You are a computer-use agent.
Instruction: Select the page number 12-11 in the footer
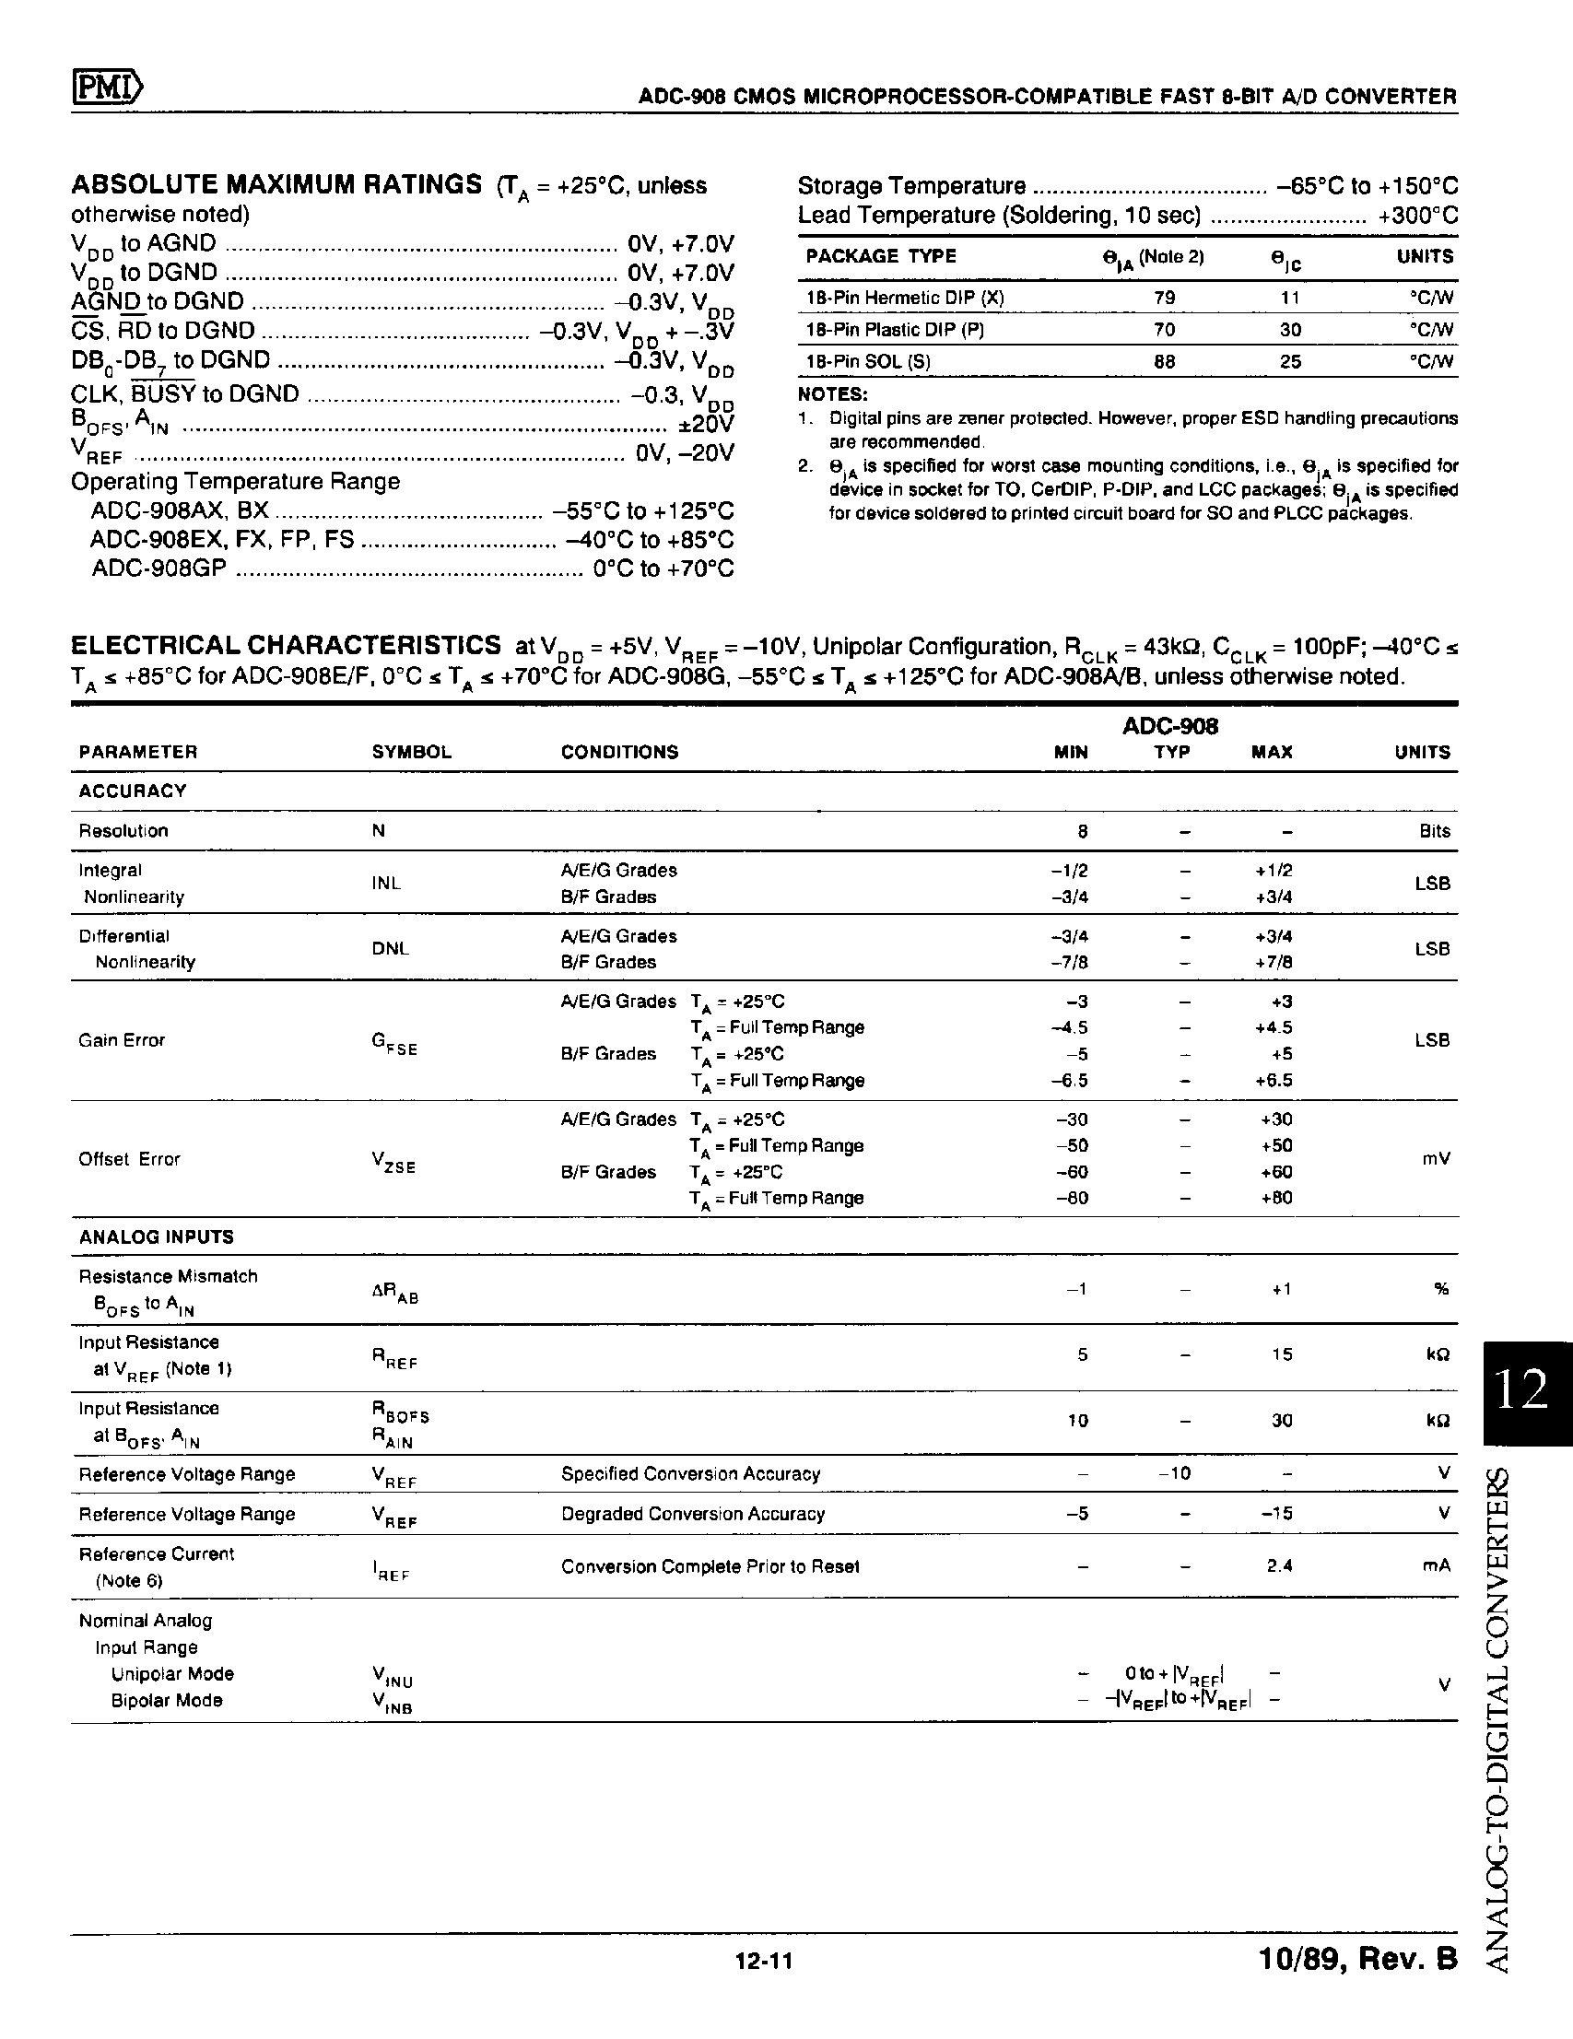coord(764,1961)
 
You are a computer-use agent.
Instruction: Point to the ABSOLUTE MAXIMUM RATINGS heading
coord(276,184)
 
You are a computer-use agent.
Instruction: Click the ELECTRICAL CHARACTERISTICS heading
coord(286,645)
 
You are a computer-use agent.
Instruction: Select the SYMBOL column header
coord(412,753)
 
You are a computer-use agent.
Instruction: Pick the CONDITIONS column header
coord(619,753)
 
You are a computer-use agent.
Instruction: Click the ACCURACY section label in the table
coord(133,791)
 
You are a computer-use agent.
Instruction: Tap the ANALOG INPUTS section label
coord(156,1237)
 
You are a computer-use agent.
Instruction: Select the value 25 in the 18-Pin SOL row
coord(1290,361)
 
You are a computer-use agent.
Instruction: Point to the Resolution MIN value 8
coord(1082,831)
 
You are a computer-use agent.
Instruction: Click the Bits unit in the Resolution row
coord(1433,831)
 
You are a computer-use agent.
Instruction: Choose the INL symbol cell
coord(385,884)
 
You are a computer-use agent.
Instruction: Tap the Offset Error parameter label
coord(129,1158)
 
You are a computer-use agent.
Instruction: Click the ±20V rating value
coord(707,424)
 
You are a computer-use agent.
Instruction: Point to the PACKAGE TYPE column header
coord(880,257)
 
